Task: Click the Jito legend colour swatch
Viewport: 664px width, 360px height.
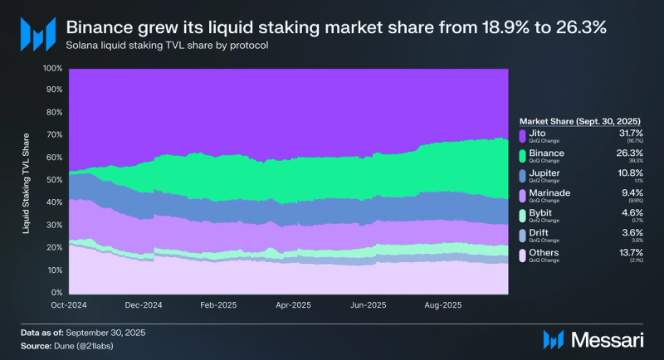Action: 522,135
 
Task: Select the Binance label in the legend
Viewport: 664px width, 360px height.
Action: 548,153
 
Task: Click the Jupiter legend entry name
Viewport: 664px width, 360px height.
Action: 546,173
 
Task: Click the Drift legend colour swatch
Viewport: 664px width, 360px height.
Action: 522,235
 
